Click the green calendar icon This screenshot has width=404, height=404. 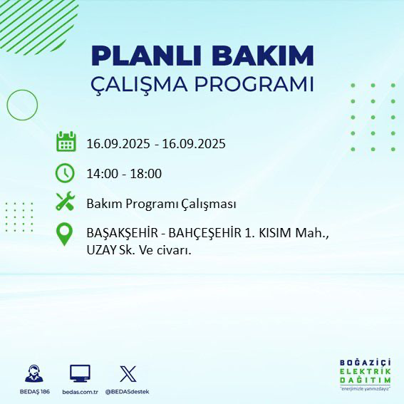pyautogui.click(x=66, y=142)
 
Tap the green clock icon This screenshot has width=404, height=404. pyautogui.click(x=65, y=172)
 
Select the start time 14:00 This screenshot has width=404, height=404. pyautogui.click(x=101, y=173)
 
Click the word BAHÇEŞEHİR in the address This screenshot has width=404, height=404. pyautogui.click(x=201, y=233)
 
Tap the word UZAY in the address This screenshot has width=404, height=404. pyautogui.click(x=100, y=251)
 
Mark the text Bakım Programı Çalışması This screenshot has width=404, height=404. pyautogui.click(x=161, y=204)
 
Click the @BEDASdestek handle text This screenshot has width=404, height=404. pyautogui.click(x=127, y=392)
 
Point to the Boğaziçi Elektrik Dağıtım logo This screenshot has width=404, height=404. pyautogui.click(x=364, y=374)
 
